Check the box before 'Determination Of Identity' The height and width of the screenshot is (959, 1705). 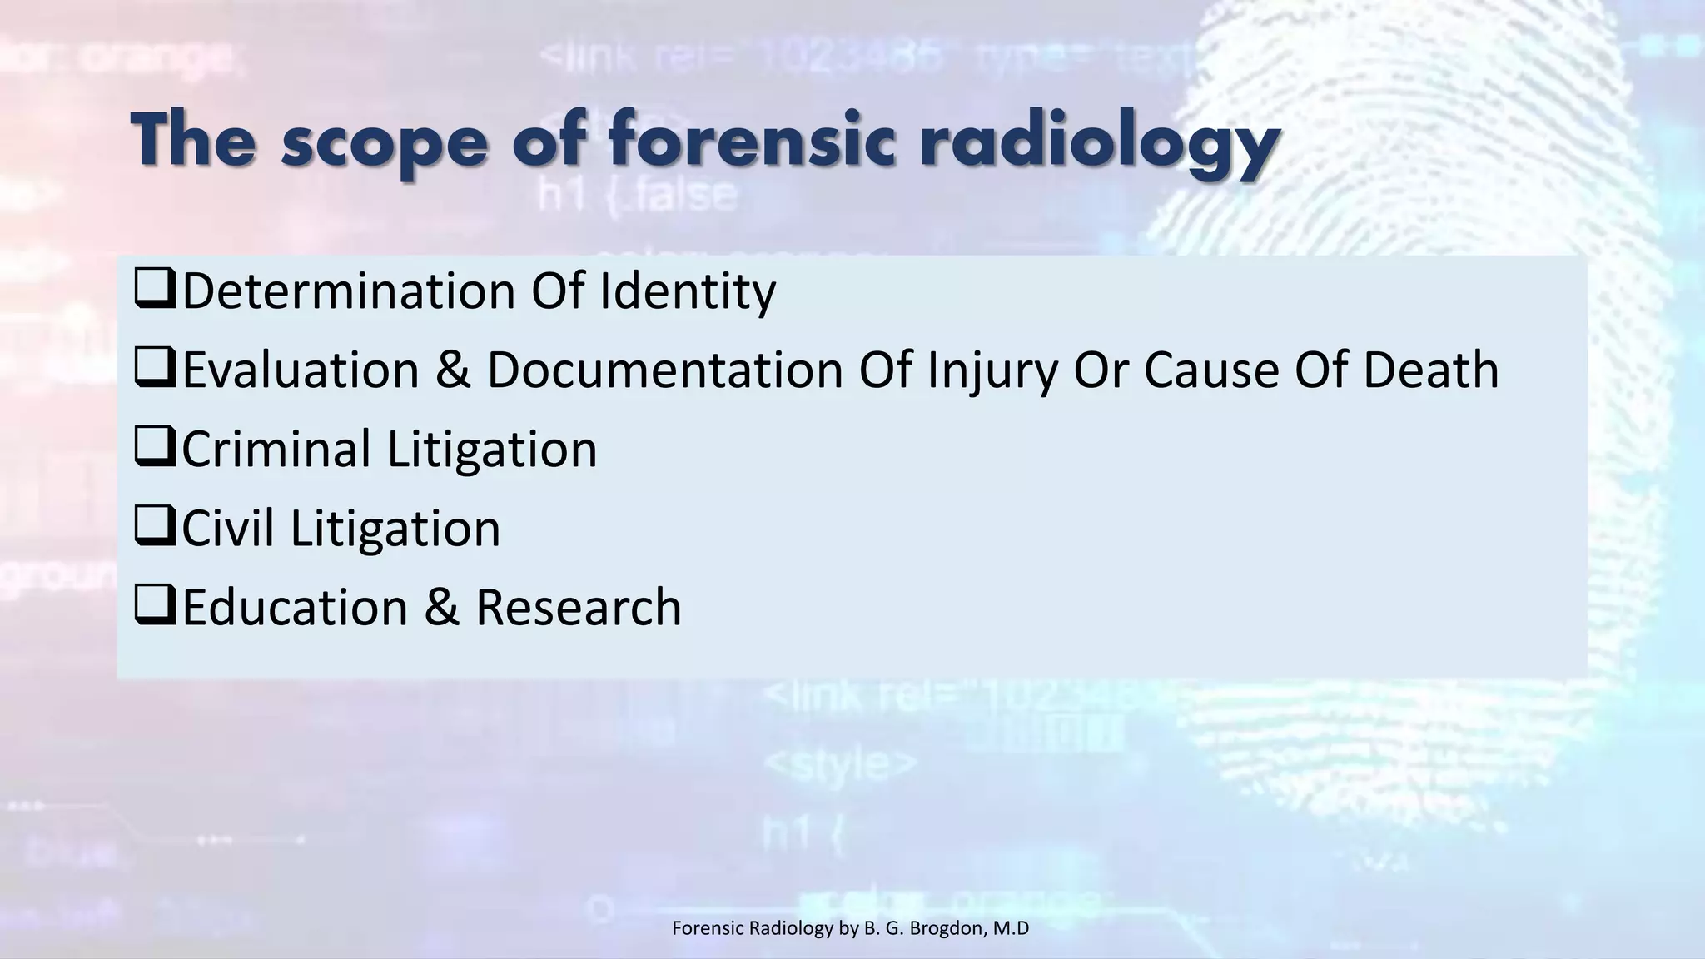point(155,290)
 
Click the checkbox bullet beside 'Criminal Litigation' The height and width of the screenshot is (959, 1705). point(155,448)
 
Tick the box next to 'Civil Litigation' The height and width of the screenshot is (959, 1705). point(155,527)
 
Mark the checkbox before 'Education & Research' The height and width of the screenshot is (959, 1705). point(155,606)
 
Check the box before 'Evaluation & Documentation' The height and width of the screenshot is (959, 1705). point(155,369)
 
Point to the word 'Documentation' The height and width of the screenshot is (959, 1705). point(664,370)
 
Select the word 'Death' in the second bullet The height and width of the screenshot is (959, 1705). point(1430,370)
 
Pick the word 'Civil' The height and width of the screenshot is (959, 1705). point(228,528)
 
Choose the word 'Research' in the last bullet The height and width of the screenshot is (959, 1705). point(578,607)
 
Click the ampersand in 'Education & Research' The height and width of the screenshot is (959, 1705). point(441,607)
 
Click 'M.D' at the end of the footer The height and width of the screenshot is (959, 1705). point(1012,928)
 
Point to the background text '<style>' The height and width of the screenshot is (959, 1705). point(840,763)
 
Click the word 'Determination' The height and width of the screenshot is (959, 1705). point(349,291)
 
